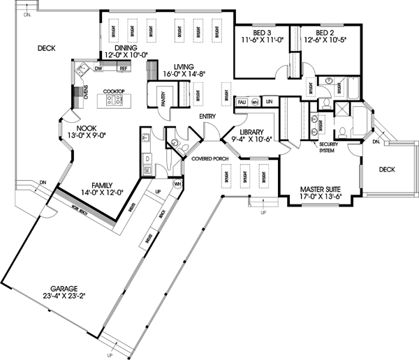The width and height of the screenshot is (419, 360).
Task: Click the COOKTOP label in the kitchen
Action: coord(113,91)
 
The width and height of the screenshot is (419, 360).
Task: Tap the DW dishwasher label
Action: coord(98,68)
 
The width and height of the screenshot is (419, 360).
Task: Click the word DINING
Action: coord(119,47)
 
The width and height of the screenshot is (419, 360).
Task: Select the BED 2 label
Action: coord(326,33)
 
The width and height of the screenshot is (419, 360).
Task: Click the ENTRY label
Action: coord(207,116)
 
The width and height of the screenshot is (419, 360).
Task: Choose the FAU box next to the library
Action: coord(242,103)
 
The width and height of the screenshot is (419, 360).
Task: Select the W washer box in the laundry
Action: coord(147,170)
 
